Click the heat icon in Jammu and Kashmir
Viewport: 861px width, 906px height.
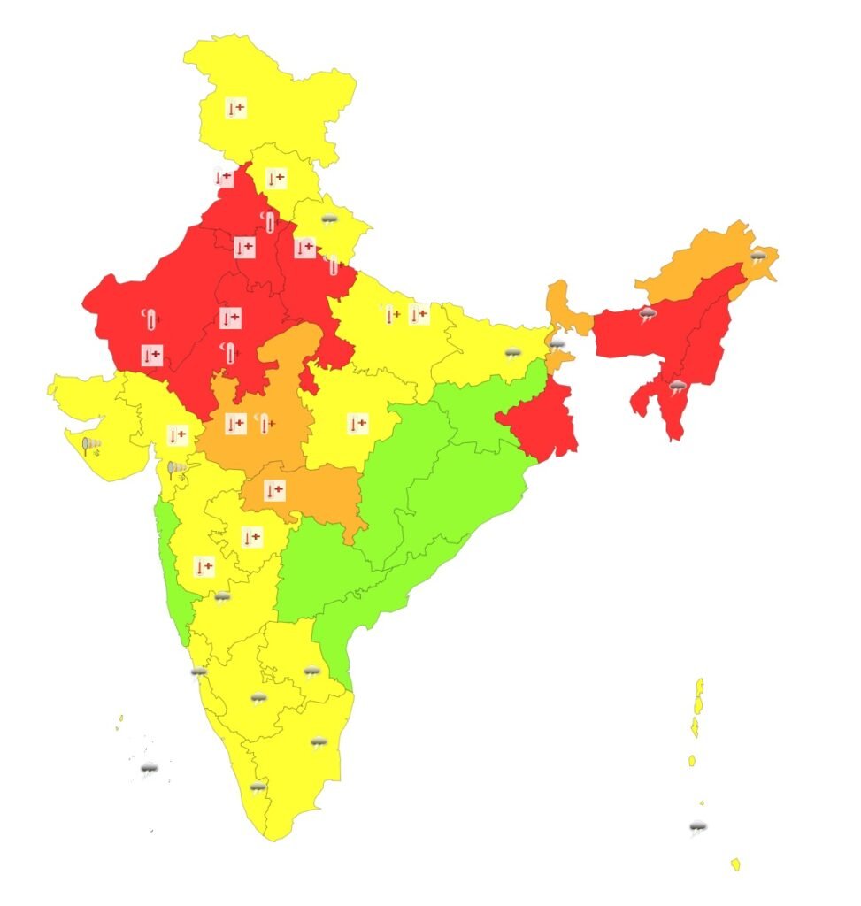click(235, 109)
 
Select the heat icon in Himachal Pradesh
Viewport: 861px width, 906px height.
click(276, 178)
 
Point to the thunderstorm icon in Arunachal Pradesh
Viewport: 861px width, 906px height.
click(757, 257)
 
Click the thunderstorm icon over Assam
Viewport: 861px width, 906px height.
click(648, 314)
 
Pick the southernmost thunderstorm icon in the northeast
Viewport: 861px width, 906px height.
click(677, 387)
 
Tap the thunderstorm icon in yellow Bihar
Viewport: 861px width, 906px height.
click(512, 353)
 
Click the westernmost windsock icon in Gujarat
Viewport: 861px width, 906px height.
click(90, 445)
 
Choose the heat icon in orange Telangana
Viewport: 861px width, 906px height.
click(274, 488)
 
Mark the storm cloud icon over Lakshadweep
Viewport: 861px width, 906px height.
click(149, 769)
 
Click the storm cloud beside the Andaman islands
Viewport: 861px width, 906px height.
click(698, 828)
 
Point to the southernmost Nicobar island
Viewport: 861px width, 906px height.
click(735, 864)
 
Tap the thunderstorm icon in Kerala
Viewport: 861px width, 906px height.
click(258, 787)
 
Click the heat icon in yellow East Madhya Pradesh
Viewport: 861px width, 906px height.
click(357, 424)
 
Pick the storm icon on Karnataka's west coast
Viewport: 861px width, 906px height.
click(199, 673)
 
